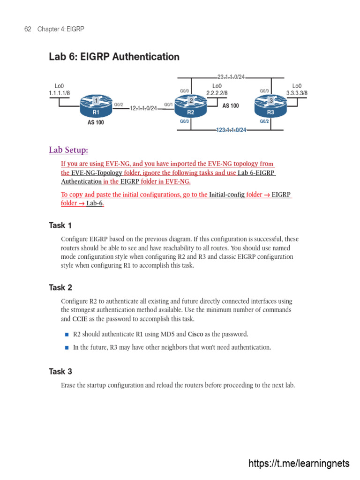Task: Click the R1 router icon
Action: [x=96, y=106]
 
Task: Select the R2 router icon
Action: [x=190, y=106]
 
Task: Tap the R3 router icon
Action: [x=270, y=106]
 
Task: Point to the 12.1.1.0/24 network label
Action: [x=143, y=108]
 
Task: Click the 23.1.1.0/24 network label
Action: [x=231, y=77]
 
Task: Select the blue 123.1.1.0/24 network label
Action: [x=231, y=130]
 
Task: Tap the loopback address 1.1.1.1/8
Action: [x=59, y=93]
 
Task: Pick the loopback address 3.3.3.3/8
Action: [x=297, y=93]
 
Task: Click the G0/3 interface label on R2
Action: [x=185, y=121]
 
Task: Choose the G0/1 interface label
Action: [x=168, y=105]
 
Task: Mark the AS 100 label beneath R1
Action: [x=96, y=123]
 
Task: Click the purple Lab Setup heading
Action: [x=68, y=150]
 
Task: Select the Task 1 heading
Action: [x=60, y=225]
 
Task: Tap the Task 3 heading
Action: [x=60, y=372]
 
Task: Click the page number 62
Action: [x=27, y=29]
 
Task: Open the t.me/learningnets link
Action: [x=299, y=464]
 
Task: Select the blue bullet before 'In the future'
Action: [x=67, y=348]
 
